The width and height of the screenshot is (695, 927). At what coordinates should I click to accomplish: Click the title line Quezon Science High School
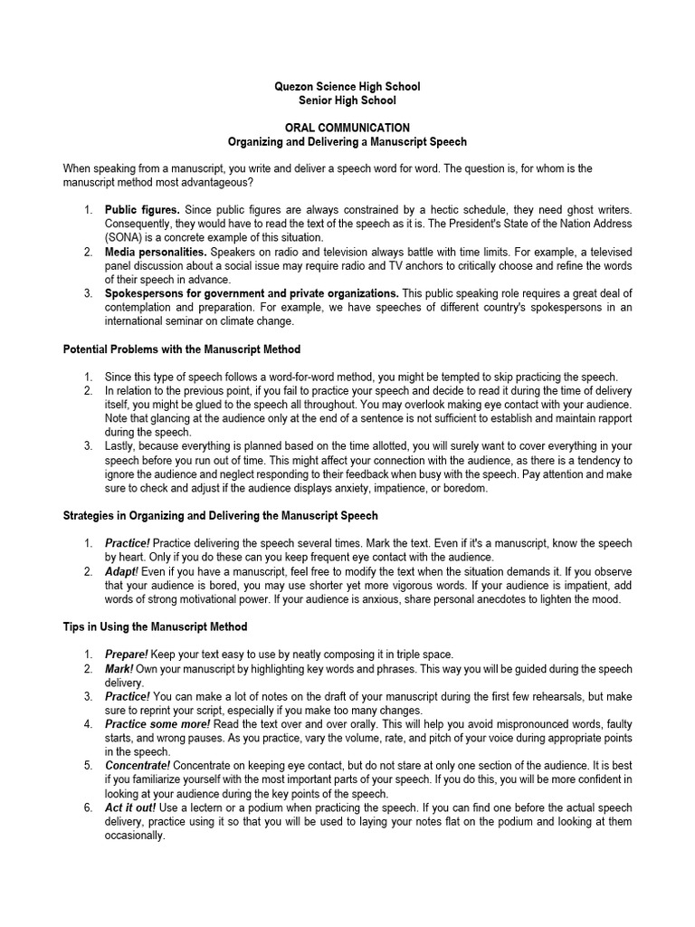pyautogui.click(x=347, y=87)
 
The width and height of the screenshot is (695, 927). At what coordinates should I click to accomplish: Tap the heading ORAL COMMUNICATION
pyautogui.click(x=347, y=129)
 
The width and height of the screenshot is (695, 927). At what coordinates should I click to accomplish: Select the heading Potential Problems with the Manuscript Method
pyautogui.click(x=181, y=349)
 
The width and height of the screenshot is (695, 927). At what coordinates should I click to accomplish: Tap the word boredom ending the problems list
pyautogui.click(x=465, y=488)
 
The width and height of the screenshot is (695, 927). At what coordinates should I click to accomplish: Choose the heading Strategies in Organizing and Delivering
pyautogui.click(x=220, y=516)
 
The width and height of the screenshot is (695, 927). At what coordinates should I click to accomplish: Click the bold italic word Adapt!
pyautogui.click(x=121, y=572)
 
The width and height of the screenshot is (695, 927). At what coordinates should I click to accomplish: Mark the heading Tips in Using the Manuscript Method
pyautogui.click(x=155, y=626)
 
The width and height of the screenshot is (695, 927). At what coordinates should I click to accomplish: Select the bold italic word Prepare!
pyautogui.click(x=127, y=655)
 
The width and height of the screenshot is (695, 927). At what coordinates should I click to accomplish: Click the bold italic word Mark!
pyautogui.click(x=119, y=669)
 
